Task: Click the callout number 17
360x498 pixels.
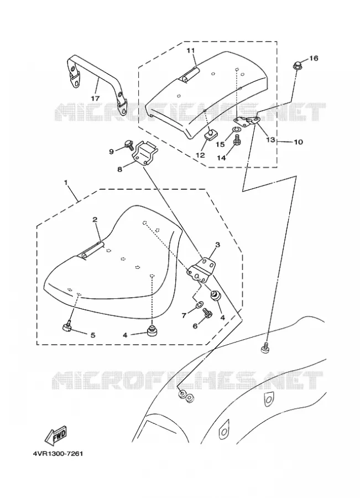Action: pyautogui.click(x=95, y=98)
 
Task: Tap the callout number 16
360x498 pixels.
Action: pyautogui.click(x=314, y=58)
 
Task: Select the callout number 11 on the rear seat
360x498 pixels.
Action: pyautogui.click(x=190, y=50)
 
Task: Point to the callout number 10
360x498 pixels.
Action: pyautogui.click(x=299, y=142)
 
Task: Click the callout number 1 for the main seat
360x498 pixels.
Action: pyautogui.click(x=66, y=182)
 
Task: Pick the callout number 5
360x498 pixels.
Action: pyautogui.click(x=93, y=335)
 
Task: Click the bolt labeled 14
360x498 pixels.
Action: pyautogui.click(x=237, y=140)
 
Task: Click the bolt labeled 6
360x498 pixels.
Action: pyautogui.click(x=207, y=314)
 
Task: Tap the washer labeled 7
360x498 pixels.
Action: pyautogui.click(x=199, y=305)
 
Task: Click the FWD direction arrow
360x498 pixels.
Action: pyautogui.click(x=55, y=436)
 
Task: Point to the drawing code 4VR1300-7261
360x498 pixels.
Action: pyautogui.click(x=58, y=454)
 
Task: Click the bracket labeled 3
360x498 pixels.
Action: pyautogui.click(x=200, y=269)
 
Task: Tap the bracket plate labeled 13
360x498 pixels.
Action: pyautogui.click(x=247, y=121)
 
